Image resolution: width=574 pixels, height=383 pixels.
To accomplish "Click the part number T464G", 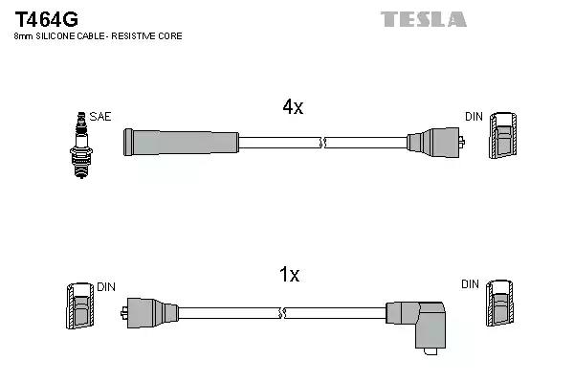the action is coord(46,19).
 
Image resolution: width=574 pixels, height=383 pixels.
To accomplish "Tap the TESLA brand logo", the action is coord(424,19).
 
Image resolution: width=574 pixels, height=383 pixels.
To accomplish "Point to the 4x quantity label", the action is coord(293,106).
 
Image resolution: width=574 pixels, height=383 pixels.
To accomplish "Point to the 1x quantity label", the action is coord(289,274).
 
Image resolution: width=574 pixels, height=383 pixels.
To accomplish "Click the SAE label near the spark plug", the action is coord(99,117).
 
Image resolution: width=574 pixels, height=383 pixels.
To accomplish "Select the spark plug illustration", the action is coord(81,146).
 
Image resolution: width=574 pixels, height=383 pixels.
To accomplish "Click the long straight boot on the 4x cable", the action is coord(181,143).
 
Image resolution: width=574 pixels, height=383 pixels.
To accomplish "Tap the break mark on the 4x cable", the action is coord(322,143).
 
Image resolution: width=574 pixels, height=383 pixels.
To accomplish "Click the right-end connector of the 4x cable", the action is coord(435,143).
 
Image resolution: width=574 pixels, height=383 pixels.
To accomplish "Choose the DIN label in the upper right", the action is coord(474,117).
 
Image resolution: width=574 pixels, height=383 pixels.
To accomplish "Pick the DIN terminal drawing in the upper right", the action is coord(503,136).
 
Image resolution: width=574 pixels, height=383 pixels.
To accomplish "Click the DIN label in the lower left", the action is coord(106,287).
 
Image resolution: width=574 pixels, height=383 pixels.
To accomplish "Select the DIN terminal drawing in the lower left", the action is coord(80,305).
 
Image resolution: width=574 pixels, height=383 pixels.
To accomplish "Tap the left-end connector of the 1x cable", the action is coord(149,313).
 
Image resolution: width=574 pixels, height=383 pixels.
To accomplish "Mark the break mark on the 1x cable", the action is coord(282,313).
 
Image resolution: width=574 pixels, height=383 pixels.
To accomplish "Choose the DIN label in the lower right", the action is coord(470,284).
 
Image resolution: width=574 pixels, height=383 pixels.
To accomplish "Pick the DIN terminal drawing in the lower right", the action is coord(499,304).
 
